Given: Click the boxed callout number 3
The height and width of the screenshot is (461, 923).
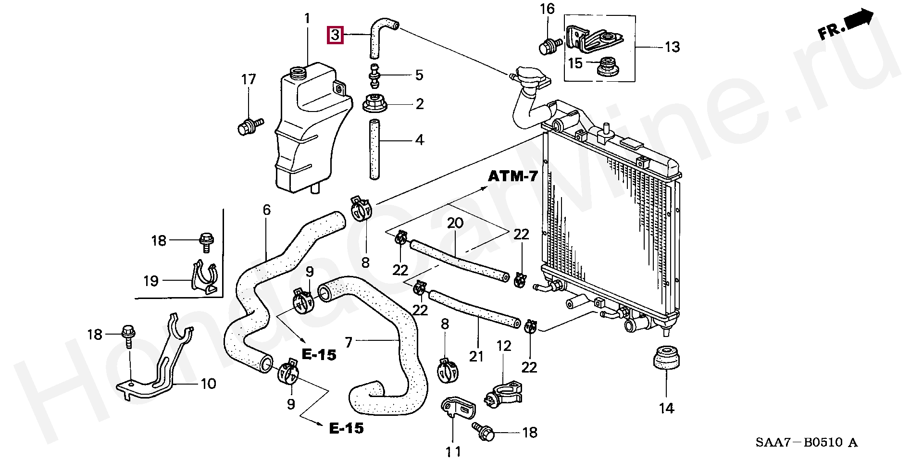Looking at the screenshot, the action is point(335,35).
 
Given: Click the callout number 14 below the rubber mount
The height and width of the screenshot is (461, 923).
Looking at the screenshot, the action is point(666,409).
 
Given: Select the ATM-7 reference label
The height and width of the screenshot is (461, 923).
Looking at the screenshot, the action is point(513,176).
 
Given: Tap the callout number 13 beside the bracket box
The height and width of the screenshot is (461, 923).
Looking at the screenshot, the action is point(672,47).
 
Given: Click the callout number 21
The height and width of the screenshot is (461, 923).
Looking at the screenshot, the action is point(476,356).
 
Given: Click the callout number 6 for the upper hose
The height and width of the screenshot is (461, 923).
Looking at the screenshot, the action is point(266,210).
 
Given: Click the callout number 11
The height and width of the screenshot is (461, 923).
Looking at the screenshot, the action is point(453,451).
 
